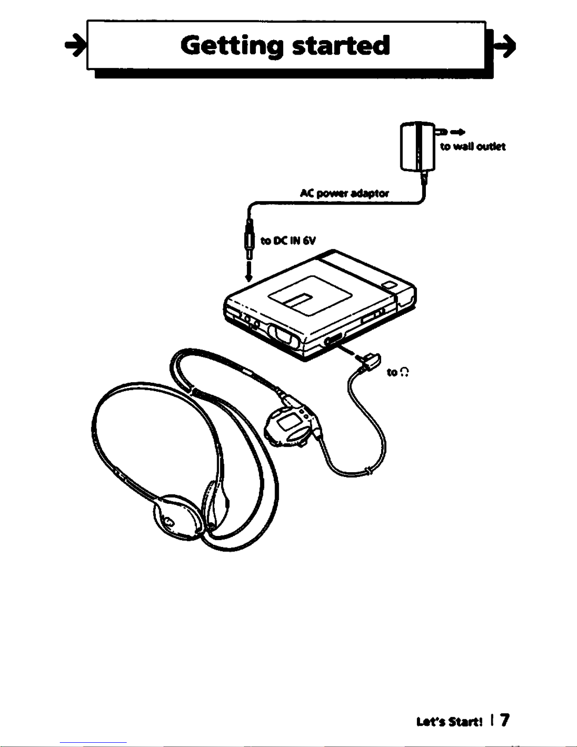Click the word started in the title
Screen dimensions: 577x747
[341, 45]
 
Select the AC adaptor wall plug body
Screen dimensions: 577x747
[417, 147]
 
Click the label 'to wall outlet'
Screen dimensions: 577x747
[473, 147]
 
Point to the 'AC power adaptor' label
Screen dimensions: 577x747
[344, 193]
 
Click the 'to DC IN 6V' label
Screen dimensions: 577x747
[288, 241]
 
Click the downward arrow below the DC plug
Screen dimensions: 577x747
[249, 273]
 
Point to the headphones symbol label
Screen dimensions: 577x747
[398, 372]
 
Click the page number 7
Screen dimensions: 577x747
[504, 720]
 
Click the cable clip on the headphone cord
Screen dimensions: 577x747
[370, 470]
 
